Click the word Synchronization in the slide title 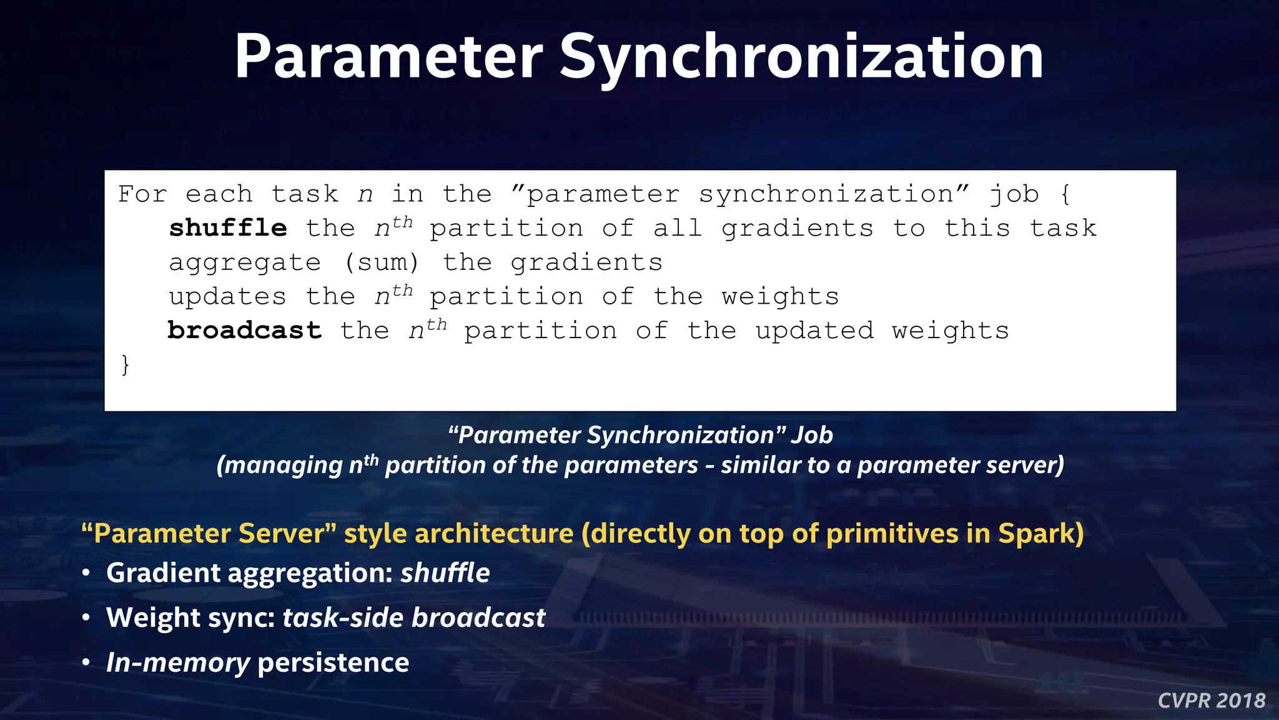tap(801, 57)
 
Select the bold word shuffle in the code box tap(228, 228)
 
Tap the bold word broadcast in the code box tap(245, 331)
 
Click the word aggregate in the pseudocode tap(245, 262)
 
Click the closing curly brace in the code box tap(126, 364)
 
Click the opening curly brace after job tap(1065, 194)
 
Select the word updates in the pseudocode tap(227, 296)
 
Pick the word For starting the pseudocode tap(142, 194)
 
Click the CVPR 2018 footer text tap(1211, 701)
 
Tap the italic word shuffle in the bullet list tap(445, 573)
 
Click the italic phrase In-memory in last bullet tap(178, 663)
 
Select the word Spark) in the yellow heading tap(1040, 534)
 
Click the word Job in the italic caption tap(812, 435)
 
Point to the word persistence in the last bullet tap(333, 663)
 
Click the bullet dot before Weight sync tap(86, 618)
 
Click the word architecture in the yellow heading tap(493, 534)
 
